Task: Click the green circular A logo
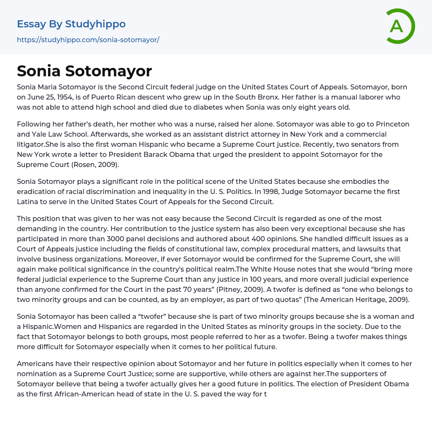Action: (397, 26)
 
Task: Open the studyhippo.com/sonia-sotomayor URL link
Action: (88, 40)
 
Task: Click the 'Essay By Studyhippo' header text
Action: (71, 24)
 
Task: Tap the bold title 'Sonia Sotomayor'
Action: (84, 71)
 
